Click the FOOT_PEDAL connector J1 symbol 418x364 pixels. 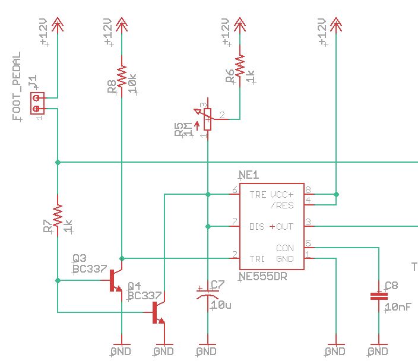37,103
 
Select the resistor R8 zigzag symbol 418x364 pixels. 121,76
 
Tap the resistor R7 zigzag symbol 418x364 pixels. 58,216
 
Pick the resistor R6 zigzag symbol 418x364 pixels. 240,65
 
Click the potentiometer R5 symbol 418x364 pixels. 207,119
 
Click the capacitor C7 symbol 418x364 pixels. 207,293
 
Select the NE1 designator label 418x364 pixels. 249,175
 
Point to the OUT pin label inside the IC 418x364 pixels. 285,226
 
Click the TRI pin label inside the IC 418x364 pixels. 257,259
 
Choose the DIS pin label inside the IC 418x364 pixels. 257,226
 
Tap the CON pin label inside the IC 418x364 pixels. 285,248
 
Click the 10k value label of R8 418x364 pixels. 132,81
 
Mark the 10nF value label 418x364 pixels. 395,307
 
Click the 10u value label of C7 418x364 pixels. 221,305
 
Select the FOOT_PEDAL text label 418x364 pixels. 17,87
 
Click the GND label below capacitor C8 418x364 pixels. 378,352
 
